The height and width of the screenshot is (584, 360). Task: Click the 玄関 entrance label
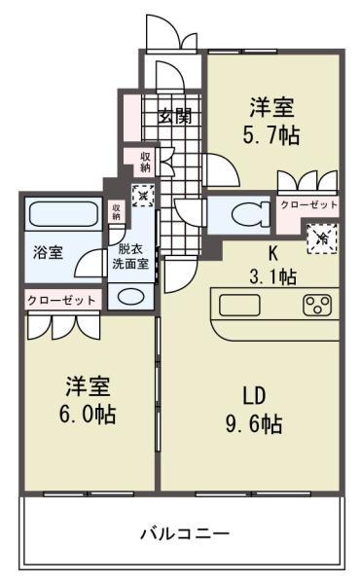[x=175, y=116]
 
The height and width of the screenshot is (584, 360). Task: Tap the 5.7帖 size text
[x=271, y=135]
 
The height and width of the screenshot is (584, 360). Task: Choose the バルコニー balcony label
[x=184, y=533]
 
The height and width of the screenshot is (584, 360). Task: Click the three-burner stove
[x=317, y=307]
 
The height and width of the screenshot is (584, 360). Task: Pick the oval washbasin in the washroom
[x=129, y=296]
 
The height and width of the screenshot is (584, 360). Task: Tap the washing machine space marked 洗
[x=142, y=195]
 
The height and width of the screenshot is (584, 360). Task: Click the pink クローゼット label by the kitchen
[x=308, y=205]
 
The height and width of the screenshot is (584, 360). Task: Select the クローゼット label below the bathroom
[x=61, y=300]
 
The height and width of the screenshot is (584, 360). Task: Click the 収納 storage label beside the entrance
[x=145, y=162]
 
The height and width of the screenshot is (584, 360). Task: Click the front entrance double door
[x=163, y=32]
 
